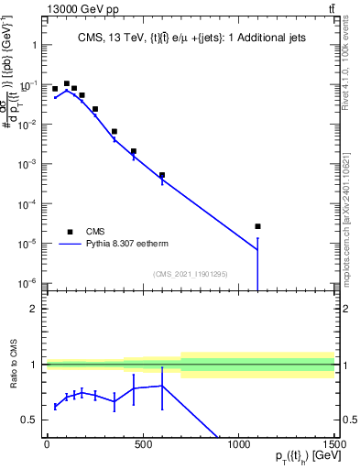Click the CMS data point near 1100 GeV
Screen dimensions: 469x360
point(257,226)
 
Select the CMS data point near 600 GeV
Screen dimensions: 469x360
point(162,175)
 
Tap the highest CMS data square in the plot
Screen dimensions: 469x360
point(67,83)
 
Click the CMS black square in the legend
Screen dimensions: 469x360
point(70,232)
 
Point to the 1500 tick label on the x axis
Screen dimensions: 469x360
point(334,444)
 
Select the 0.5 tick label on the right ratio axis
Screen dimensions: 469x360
point(349,420)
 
